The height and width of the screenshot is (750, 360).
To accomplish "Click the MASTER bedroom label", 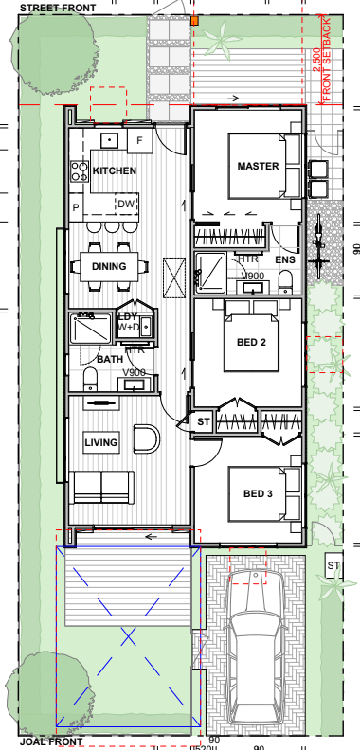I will (258, 166).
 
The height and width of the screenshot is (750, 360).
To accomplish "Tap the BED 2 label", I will (251, 341).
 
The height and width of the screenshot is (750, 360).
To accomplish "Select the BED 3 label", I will (258, 493).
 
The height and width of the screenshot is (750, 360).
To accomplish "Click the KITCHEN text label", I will (115, 171).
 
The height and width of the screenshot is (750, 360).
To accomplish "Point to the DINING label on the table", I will (109, 267).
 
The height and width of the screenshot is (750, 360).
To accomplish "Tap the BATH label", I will (110, 360).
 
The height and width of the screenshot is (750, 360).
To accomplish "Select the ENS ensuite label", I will (284, 259).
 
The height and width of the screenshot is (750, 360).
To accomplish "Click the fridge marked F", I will (139, 141).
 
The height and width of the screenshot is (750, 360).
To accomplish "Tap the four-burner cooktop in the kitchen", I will (79, 171).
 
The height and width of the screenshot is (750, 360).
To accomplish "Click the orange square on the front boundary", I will (193, 19).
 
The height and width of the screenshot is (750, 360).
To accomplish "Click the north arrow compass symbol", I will (319, 241).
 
